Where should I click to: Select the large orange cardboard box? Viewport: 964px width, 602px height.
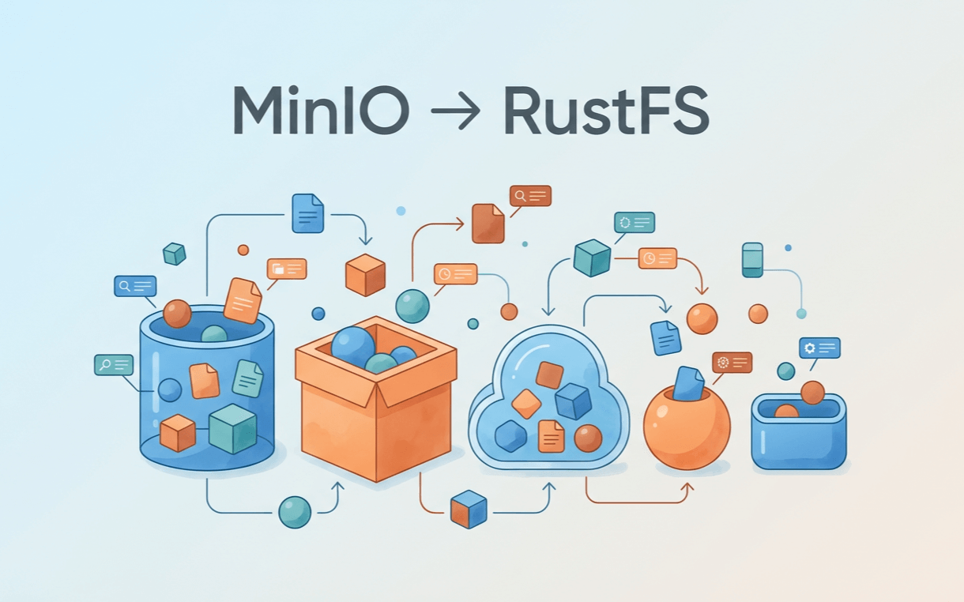click(x=375, y=411)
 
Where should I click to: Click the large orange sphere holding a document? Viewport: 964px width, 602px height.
click(x=686, y=427)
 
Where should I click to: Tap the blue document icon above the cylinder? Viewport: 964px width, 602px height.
click(x=307, y=213)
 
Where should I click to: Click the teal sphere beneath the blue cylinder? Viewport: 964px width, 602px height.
click(x=295, y=512)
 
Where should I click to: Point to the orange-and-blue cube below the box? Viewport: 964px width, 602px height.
click(x=469, y=509)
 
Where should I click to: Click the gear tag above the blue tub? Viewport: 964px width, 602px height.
click(x=819, y=348)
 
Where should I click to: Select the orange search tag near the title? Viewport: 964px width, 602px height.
click(x=530, y=195)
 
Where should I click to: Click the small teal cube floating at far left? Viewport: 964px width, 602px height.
click(x=174, y=254)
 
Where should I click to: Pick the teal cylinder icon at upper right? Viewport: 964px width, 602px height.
click(x=752, y=259)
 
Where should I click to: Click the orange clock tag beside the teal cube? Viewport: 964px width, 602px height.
click(x=657, y=258)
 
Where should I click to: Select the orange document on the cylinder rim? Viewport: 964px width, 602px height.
click(x=242, y=300)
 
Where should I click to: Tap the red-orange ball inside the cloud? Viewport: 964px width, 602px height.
click(x=588, y=438)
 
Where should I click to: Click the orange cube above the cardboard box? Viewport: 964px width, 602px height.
click(x=365, y=275)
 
